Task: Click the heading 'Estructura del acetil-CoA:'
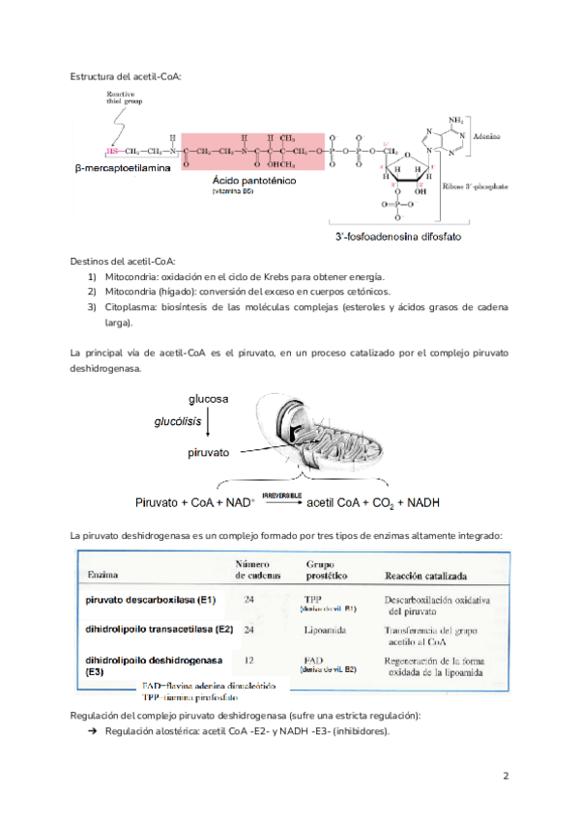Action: click(x=126, y=76)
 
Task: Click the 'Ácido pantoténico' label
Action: click(x=254, y=181)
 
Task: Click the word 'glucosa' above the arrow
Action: click(x=208, y=399)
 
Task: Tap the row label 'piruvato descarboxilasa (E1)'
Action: click(x=152, y=600)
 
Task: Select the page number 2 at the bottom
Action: click(x=506, y=776)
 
